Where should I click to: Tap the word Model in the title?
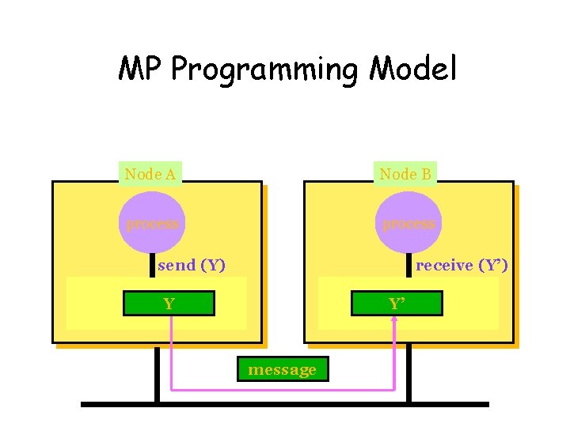point(413,70)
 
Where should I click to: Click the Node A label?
point(150,174)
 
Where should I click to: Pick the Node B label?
point(405,174)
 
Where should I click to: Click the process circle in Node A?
point(152,223)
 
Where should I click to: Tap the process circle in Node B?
point(408,223)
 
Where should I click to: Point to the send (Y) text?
point(192,265)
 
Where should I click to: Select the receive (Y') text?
point(462,265)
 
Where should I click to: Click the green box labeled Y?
point(169,304)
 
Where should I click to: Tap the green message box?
point(282,369)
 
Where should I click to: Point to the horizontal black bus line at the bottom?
point(285,404)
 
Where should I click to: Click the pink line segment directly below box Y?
point(172,348)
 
